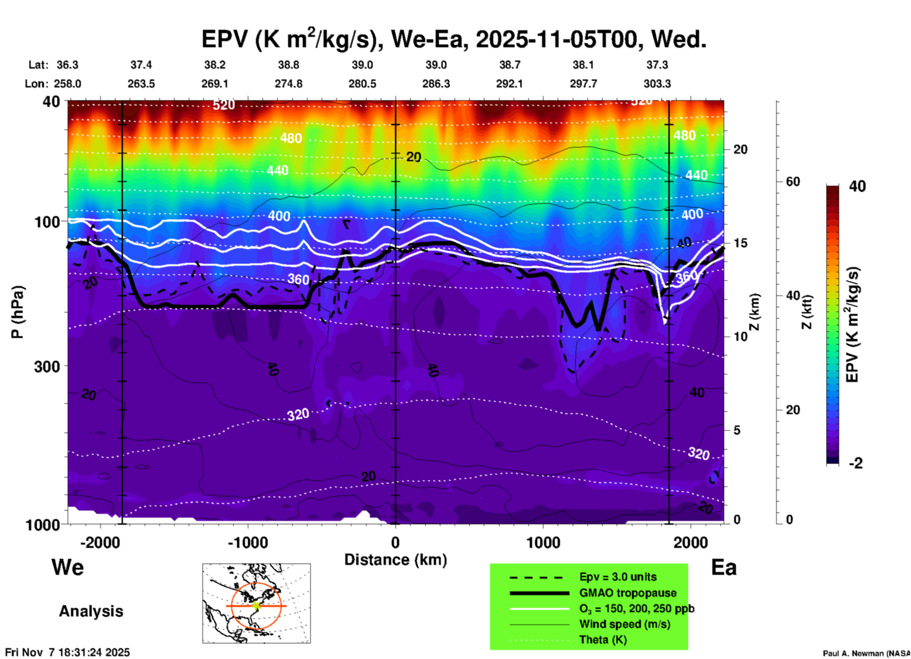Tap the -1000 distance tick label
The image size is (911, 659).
247,543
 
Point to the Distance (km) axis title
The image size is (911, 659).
395,560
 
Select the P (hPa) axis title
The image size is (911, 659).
18,312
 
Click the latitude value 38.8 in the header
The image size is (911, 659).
288,65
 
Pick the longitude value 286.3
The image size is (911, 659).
436,84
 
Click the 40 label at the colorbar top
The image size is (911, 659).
857,186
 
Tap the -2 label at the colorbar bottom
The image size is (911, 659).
855,463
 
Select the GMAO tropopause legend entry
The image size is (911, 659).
628,593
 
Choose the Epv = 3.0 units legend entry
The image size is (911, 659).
618,577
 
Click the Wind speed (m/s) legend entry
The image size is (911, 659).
624,624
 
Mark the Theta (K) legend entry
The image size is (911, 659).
603,640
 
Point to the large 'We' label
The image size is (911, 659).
68,567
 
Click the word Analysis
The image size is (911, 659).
91,611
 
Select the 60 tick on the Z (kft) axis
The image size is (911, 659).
793,182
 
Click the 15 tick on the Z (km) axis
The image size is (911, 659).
740,243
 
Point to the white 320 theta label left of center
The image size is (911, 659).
298,415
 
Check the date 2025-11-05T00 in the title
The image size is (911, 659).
557,39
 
